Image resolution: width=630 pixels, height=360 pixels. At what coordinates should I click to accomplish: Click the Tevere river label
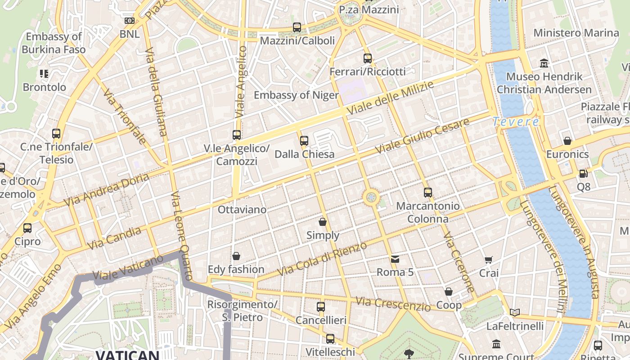[x=516, y=121]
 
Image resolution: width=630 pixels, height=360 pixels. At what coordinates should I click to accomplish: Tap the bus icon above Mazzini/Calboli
[x=297, y=27]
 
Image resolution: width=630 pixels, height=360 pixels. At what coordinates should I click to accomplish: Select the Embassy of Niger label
[x=296, y=95]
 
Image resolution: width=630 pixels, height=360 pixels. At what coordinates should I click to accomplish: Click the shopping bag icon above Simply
[x=323, y=222]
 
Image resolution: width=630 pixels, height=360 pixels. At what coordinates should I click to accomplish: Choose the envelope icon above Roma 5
[x=395, y=259]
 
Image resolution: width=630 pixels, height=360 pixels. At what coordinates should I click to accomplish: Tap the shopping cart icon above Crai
[x=489, y=260]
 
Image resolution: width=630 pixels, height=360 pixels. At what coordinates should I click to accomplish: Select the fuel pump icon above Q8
[x=583, y=173]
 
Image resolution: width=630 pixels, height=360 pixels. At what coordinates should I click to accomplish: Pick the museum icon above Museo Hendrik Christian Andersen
[x=544, y=63]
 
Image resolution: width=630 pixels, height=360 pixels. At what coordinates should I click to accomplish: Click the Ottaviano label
[x=242, y=210]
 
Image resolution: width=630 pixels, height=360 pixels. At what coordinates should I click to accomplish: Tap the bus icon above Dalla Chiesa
[x=304, y=141]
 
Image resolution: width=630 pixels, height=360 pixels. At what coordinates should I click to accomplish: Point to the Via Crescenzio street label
[x=393, y=304]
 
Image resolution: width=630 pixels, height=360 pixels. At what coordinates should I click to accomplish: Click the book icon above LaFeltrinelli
[x=515, y=312]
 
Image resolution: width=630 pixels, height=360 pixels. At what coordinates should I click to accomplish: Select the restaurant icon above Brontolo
[x=44, y=73]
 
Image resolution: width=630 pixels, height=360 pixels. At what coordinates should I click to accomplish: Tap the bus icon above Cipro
[x=27, y=228]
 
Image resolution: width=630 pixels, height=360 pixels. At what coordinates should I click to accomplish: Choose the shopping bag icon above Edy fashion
[x=236, y=256]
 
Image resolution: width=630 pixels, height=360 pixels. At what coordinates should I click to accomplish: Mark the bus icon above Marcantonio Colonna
[x=428, y=193]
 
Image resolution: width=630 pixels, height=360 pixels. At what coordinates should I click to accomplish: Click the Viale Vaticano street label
[x=128, y=268]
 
